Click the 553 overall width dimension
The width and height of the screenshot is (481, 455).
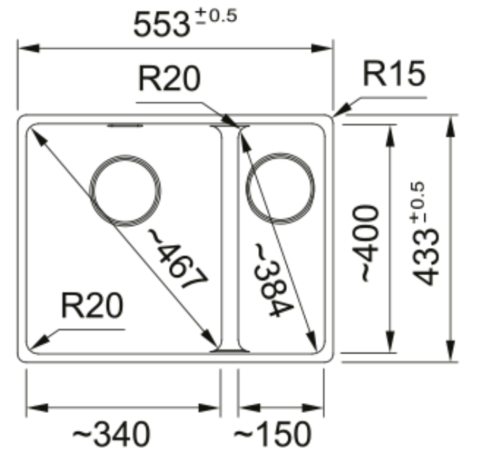(161, 25)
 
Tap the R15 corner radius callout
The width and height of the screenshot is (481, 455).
(394, 74)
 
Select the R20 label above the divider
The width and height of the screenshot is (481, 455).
(170, 78)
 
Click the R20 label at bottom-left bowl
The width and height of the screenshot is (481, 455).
(92, 306)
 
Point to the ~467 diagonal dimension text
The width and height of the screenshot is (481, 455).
(177, 258)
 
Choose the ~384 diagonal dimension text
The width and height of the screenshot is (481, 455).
(271, 280)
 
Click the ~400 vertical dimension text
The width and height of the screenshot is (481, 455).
(366, 243)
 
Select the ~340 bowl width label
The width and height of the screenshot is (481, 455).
(112, 434)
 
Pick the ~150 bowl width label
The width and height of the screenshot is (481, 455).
(273, 434)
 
